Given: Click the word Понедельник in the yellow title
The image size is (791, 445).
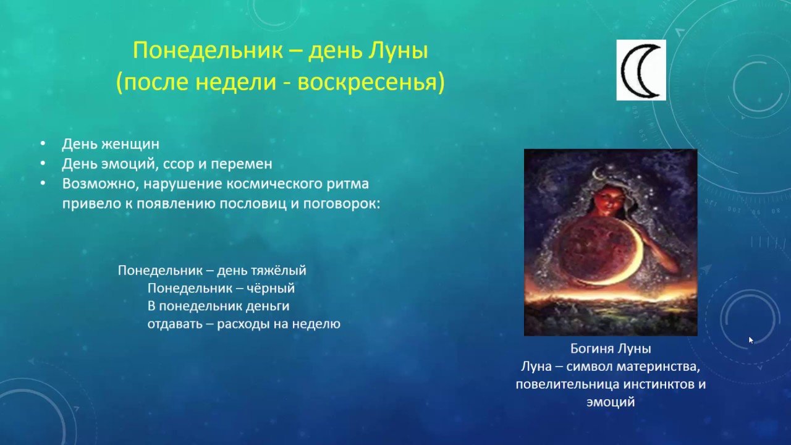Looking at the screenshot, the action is [x=208, y=51].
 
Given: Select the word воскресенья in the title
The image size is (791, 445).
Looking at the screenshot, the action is [x=370, y=83].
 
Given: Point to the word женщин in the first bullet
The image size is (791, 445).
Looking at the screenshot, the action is [x=130, y=144].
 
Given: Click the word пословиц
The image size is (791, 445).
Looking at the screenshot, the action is [x=253, y=204].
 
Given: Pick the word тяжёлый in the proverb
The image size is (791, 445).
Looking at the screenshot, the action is [x=279, y=271].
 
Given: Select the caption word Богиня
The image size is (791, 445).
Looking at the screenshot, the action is [x=588, y=349].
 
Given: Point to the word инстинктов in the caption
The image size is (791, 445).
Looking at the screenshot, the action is [x=654, y=384].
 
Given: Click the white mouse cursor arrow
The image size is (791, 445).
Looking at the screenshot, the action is [x=751, y=340].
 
